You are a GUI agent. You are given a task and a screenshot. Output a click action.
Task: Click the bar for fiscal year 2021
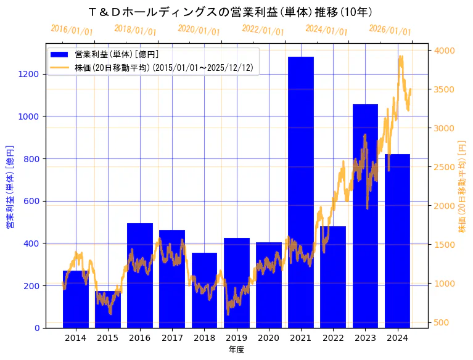301,192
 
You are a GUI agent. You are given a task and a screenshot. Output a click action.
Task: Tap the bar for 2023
365,216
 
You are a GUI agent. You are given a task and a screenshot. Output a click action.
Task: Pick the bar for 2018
204,290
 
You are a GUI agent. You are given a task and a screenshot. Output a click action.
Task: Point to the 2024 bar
397,240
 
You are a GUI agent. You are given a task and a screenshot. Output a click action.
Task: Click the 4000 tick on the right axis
445,51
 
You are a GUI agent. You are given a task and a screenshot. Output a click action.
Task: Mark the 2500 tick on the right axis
445,167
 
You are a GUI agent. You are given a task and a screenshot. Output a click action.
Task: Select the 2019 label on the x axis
237,338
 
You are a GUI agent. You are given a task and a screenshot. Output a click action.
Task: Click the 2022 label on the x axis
333,338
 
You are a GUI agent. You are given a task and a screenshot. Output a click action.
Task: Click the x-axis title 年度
236,350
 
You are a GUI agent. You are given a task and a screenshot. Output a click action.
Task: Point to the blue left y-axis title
10,187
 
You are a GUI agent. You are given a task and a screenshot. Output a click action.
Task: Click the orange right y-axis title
463,187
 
